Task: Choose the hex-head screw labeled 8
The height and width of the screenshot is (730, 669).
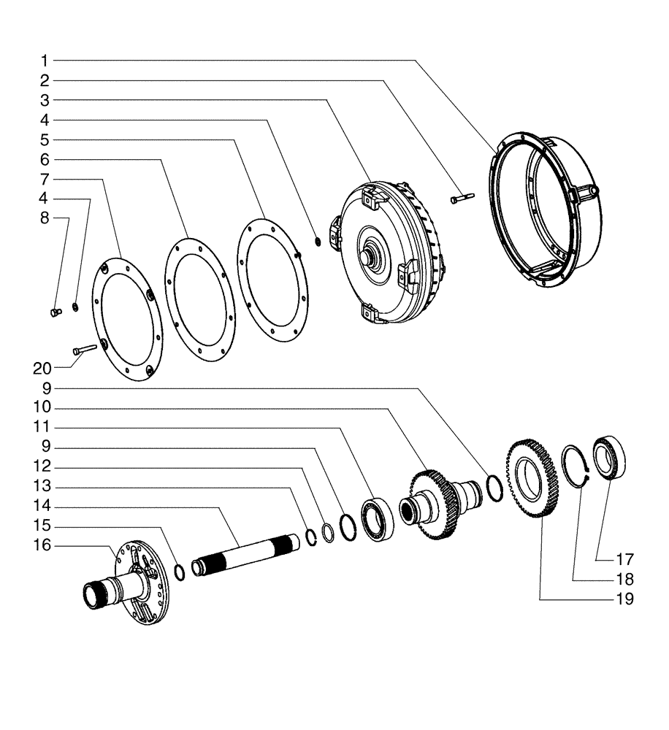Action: tap(54, 313)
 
